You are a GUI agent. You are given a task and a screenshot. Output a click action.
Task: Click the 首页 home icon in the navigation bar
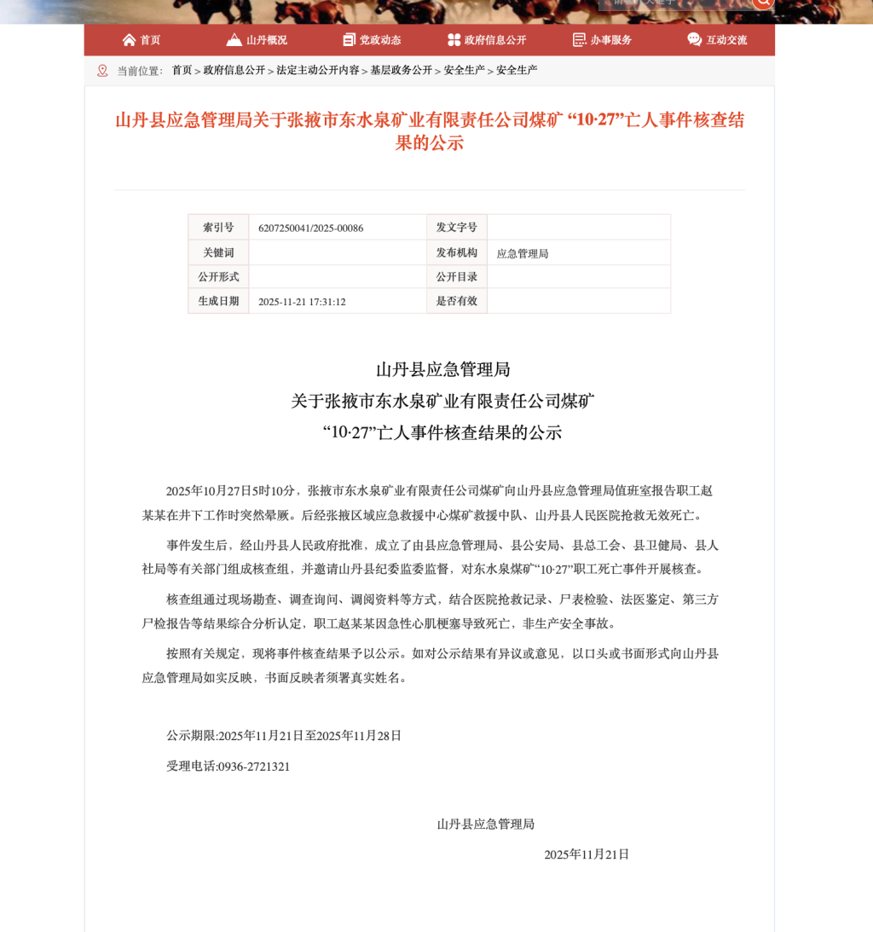(130, 40)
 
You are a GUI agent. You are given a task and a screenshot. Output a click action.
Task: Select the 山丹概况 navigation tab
(257, 40)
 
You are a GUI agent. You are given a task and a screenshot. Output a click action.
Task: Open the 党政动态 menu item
(372, 40)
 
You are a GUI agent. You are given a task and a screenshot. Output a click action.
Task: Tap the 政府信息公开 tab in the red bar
(487, 40)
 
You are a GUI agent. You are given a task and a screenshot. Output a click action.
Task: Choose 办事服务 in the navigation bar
(602, 40)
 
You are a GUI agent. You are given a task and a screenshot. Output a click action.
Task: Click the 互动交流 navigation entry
(717, 40)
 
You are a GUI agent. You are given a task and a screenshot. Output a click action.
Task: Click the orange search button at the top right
(763, 3)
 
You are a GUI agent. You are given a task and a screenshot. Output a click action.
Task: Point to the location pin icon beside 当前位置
(102, 71)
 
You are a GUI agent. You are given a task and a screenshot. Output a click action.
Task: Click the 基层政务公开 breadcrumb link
(401, 71)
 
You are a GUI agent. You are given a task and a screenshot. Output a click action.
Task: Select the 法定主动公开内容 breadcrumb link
(317, 71)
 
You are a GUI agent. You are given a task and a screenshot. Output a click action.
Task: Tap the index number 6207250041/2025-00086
(310, 229)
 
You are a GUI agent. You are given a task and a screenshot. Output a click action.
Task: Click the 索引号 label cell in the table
(218, 228)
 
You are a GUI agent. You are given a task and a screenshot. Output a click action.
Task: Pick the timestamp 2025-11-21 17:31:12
(302, 302)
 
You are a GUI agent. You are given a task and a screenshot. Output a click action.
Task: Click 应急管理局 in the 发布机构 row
(523, 253)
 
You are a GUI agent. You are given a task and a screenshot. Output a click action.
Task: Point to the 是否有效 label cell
(457, 301)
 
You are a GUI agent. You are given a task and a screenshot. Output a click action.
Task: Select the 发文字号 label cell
(457, 228)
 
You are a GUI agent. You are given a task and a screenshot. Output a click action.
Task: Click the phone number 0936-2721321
(254, 767)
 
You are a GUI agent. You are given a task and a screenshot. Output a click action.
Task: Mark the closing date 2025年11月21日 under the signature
(587, 854)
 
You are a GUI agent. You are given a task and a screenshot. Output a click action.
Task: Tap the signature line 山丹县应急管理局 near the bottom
(485, 825)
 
